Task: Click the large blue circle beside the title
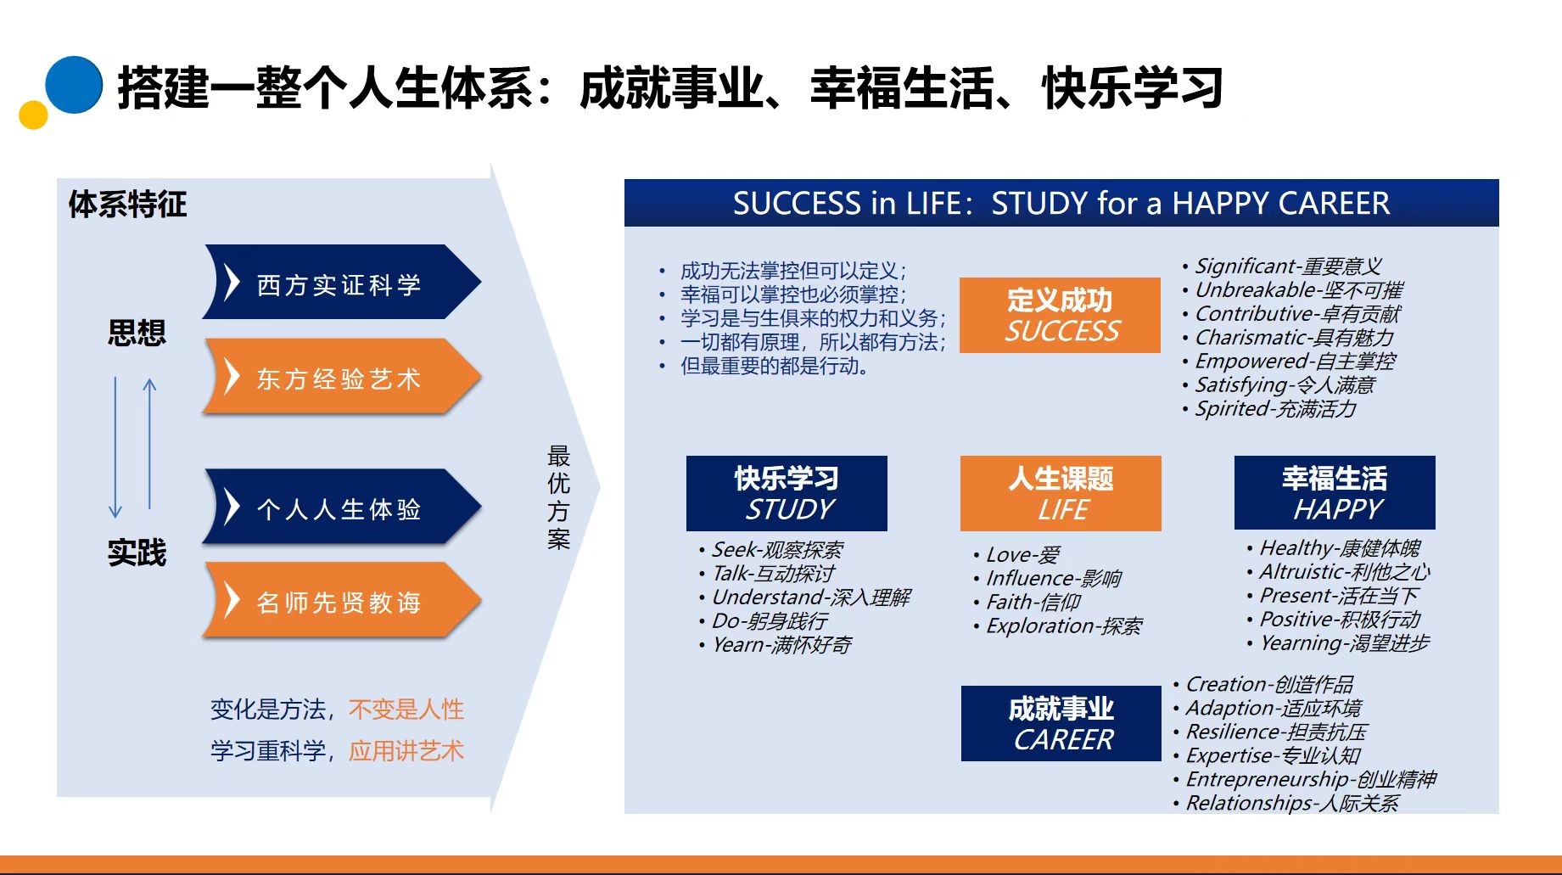[x=74, y=85]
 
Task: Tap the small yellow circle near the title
[x=33, y=115]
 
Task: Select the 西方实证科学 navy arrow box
[x=342, y=282]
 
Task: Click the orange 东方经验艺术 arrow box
[x=342, y=376]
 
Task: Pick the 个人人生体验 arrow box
[x=342, y=507]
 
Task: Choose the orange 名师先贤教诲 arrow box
[x=342, y=600]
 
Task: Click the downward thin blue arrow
[x=115, y=448]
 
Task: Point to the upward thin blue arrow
[x=150, y=444]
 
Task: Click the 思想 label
[x=137, y=332]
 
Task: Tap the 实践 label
[x=137, y=552]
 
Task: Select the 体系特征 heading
[x=127, y=204]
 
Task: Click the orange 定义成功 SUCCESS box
[x=1060, y=315]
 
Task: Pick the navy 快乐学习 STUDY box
[x=787, y=493]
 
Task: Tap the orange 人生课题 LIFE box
[x=1061, y=493]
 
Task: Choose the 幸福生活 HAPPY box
[x=1335, y=492]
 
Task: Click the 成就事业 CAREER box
[x=1061, y=723]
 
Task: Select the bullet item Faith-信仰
[x=1033, y=602]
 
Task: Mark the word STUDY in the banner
[x=1039, y=204]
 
